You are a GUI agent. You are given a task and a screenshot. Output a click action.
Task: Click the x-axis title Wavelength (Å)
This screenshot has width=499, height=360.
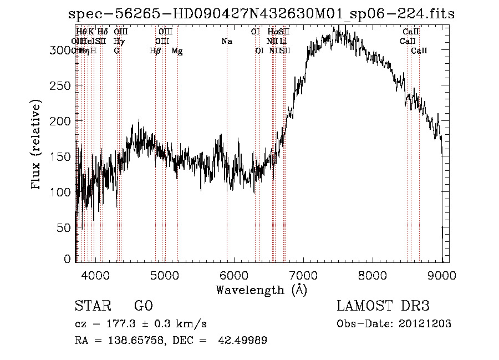261,290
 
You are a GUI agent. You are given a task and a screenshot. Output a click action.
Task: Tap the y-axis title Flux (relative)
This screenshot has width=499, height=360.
37,146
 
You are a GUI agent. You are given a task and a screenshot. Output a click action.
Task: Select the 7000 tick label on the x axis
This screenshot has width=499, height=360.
303,274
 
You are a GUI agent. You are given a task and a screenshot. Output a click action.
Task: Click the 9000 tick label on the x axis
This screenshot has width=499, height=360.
442,274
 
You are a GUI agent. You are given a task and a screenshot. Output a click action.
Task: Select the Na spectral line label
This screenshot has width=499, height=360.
226,42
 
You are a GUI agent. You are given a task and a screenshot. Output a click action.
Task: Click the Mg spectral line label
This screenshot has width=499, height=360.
177,51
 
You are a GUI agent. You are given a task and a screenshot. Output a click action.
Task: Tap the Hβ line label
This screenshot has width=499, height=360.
155,51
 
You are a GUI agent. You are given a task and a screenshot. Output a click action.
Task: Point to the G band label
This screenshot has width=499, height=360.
116,51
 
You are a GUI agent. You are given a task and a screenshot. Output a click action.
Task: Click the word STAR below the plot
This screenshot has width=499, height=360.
92,306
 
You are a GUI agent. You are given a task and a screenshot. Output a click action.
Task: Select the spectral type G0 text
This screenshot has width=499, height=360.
142,306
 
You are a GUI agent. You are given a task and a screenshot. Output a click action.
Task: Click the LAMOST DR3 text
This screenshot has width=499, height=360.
383,306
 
